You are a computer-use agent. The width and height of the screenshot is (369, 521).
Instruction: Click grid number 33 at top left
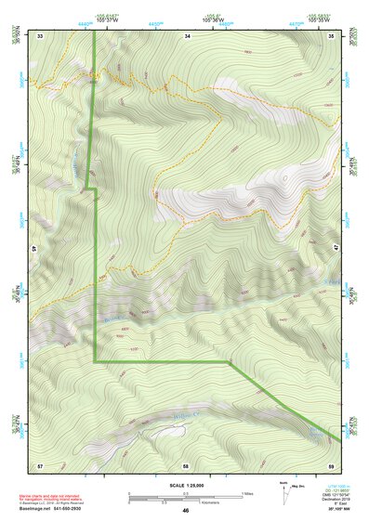click(x=40, y=34)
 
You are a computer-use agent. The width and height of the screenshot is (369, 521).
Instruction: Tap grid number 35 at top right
click(x=332, y=34)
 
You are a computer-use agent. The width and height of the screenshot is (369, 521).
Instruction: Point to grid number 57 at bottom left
click(x=40, y=463)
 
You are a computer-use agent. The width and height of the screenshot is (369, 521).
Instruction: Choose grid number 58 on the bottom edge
click(x=186, y=463)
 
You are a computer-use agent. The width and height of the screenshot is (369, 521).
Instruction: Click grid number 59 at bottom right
click(x=332, y=463)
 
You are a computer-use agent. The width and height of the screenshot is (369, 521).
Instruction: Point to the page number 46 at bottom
click(x=186, y=510)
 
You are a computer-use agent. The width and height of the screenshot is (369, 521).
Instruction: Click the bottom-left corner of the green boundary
click(x=95, y=360)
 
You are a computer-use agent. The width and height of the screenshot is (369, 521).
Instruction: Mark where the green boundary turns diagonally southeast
click(x=229, y=360)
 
